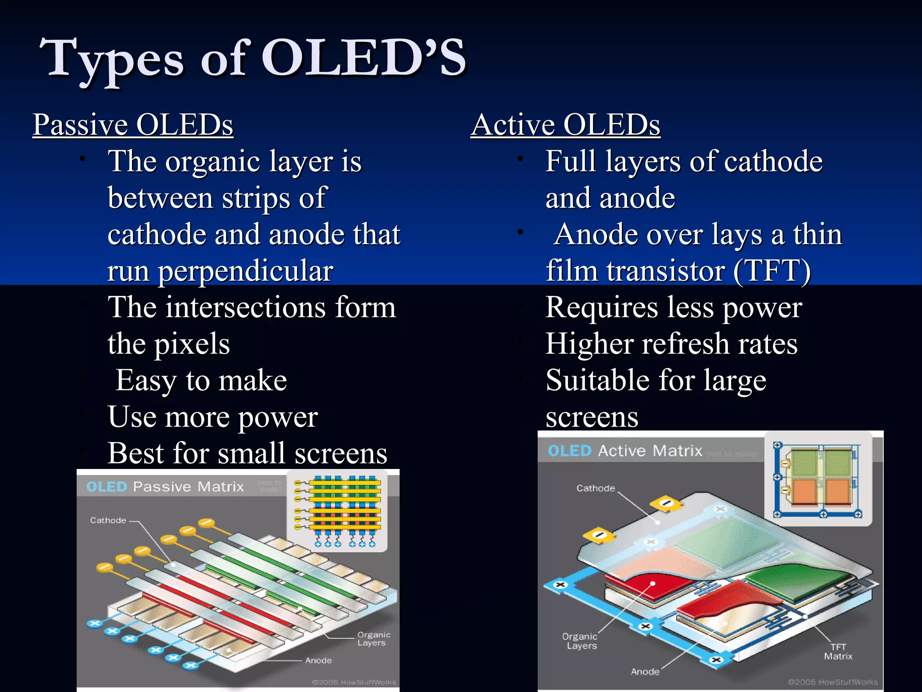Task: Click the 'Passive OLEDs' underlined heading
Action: coord(133,125)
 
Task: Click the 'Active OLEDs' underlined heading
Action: coord(565,125)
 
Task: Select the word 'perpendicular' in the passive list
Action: coord(245,272)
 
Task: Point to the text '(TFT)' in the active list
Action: coord(772,272)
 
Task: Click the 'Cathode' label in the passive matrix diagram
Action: coord(108,520)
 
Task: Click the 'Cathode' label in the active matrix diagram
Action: coord(595,488)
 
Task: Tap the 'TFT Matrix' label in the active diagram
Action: coord(838,652)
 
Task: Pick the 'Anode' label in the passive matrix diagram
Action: coord(318,660)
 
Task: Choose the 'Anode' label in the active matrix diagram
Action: coord(645,672)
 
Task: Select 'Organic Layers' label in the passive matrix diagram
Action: coord(373,639)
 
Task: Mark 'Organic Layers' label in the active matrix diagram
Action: coord(580,641)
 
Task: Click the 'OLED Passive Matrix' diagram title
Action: coord(165,487)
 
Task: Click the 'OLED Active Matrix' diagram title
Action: coord(625,451)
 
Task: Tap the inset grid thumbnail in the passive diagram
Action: coord(338,510)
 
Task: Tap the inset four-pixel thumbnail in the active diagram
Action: coord(818,478)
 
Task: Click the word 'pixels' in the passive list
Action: coord(192,345)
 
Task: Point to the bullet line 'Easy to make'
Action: coord(201,381)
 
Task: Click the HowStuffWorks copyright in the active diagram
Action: coord(832,682)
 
